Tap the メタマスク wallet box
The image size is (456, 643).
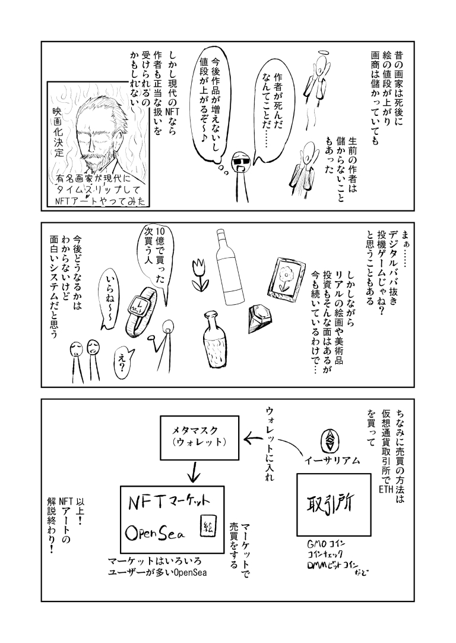click(x=199, y=437)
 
